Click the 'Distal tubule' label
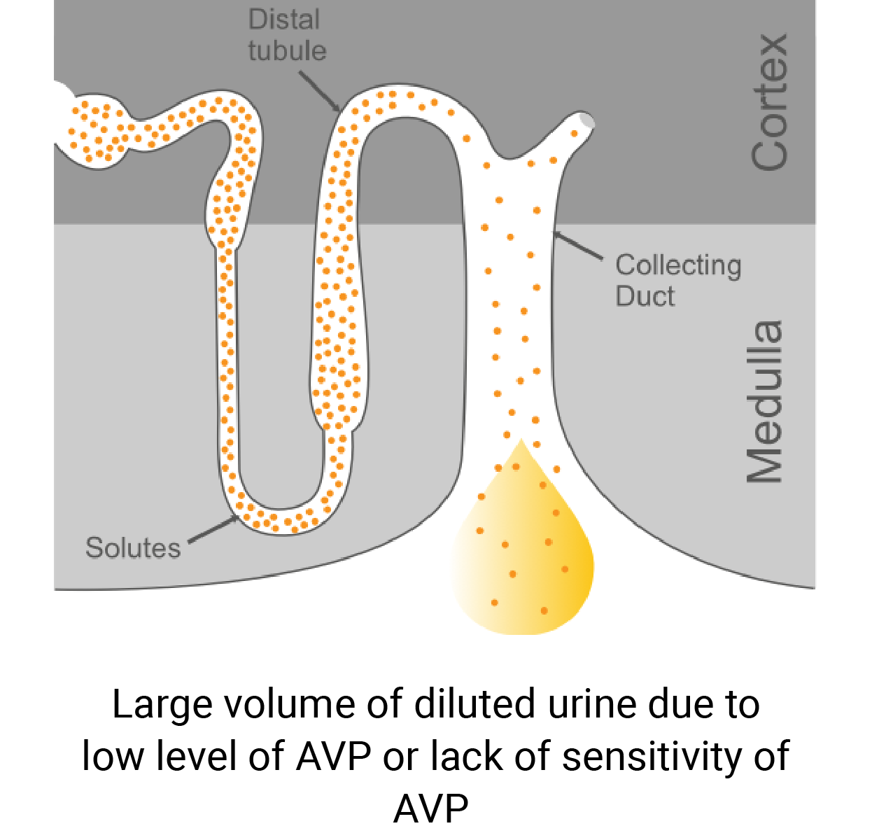click(287, 35)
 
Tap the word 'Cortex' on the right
click(770, 101)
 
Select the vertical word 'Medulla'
click(764, 402)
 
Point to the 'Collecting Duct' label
click(677, 280)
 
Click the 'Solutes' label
click(133, 547)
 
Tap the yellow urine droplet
click(525, 553)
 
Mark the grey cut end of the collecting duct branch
click(586, 121)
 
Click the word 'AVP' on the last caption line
click(430, 809)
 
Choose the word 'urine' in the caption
click(593, 704)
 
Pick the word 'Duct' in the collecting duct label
click(645, 296)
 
